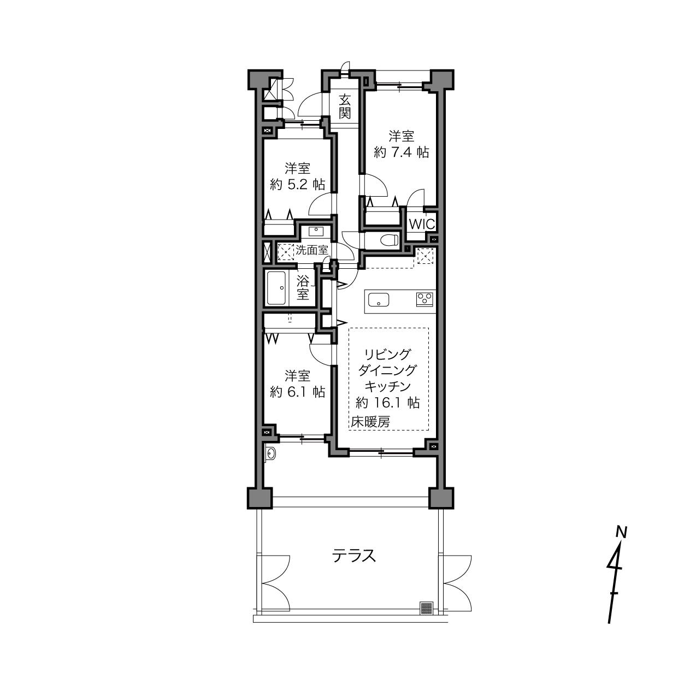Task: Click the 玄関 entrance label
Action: pyautogui.click(x=344, y=107)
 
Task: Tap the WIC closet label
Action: pyautogui.click(x=422, y=224)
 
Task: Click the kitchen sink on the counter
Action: pyautogui.click(x=379, y=299)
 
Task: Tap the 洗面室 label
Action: pyautogui.click(x=312, y=250)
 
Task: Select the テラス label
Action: pyautogui.click(x=354, y=556)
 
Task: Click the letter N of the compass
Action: pyautogui.click(x=621, y=532)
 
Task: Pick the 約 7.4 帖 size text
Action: pyautogui.click(x=401, y=152)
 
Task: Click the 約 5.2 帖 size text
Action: pyautogui.click(x=297, y=184)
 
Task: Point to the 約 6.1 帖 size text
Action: pyautogui.click(x=297, y=392)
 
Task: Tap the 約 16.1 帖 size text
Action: pyautogui.click(x=388, y=403)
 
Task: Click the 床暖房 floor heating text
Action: pyautogui.click(x=370, y=422)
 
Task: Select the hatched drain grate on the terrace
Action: pyautogui.click(x=426, y=608)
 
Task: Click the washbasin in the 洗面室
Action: pyautogui.click(x=316, y=232)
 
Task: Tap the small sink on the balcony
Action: pyautogui.click(x=270, y=453)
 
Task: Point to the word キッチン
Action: pyautogui.click(x=387, y=386)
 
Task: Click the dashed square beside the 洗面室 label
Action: pyautogui.click(x=286, y=252)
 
